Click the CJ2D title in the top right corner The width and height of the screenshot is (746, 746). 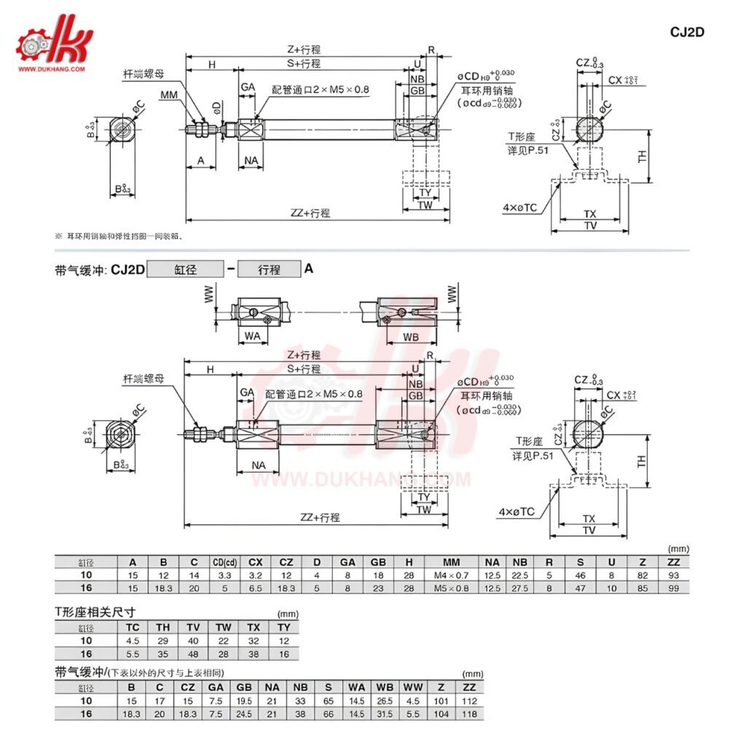[687, 32]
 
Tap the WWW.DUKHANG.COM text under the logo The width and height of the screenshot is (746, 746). [52, 70]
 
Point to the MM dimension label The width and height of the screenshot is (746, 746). [169, 95]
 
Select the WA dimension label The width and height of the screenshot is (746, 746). [252, 337]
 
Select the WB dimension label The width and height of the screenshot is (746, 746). [410, 337]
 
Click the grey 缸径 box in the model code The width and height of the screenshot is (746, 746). [185, 270]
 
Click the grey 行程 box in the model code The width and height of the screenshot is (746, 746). [270, 270]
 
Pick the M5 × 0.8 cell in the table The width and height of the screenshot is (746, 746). [452, 588]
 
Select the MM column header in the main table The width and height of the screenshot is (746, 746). [452, 562]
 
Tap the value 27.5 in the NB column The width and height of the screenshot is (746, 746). [519, 588]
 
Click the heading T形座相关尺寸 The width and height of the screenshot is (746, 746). [95, 612]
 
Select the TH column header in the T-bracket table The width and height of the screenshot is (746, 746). [162, 627]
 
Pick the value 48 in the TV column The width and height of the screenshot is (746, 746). [193, 653]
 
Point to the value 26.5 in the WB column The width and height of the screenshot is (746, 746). [384, 702]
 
